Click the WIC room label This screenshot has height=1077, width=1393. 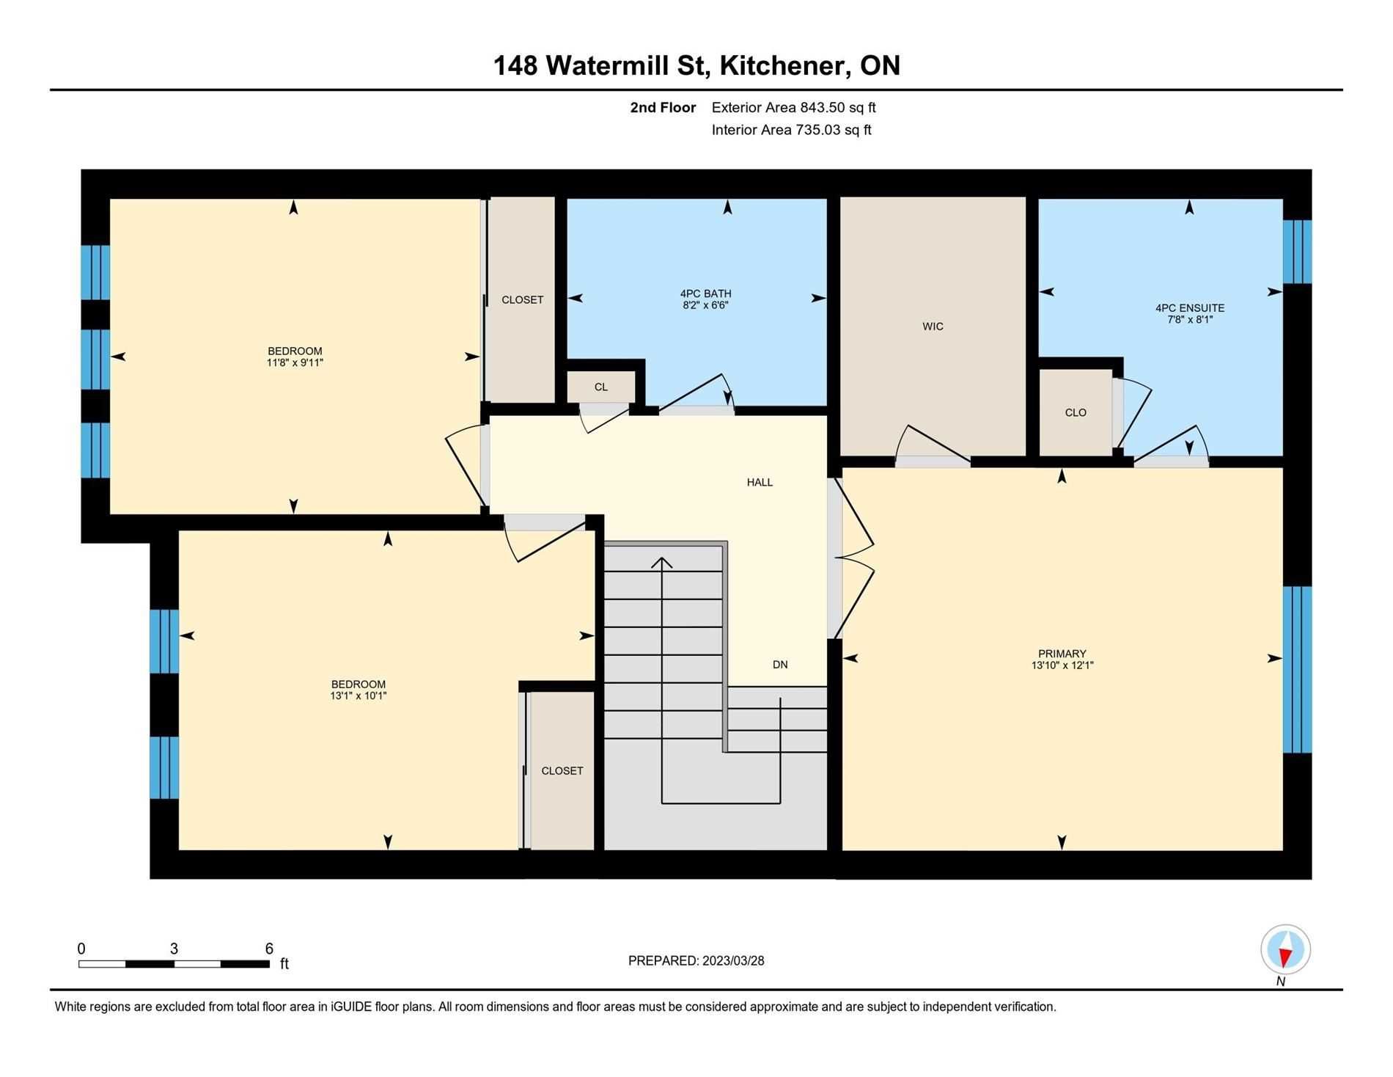click(x=933, y=326)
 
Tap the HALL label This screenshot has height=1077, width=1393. click(x=760, y=482)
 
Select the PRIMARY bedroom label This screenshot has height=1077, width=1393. click(x=1062, y=654)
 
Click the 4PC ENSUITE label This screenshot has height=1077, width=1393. click(x=1189, y=308)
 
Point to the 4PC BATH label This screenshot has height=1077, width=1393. click(x=705, y=293)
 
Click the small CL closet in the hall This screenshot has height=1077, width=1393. click(x=601, y=387)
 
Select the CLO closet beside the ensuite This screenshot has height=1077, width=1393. click(x=1076, y=413)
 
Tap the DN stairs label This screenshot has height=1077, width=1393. click(x=780, y=665)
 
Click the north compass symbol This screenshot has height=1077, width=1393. click(x=1285, y=949)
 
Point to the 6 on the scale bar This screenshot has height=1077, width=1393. click(x=269, y=949)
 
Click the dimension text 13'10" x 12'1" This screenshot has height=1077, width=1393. click(x=1062, y=665)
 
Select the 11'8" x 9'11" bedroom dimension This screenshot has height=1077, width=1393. click(x=295, y=362)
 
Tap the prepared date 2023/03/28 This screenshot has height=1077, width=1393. click(x=733, y=961)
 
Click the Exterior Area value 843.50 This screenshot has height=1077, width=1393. click(x=822, y=108)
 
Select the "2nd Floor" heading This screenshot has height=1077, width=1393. click(x=663, y=108)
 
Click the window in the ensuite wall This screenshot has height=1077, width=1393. click(x=1297, y=252)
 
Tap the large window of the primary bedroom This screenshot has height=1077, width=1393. click(x=1297, y=670)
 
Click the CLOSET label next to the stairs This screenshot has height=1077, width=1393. click(x=562, y=771)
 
